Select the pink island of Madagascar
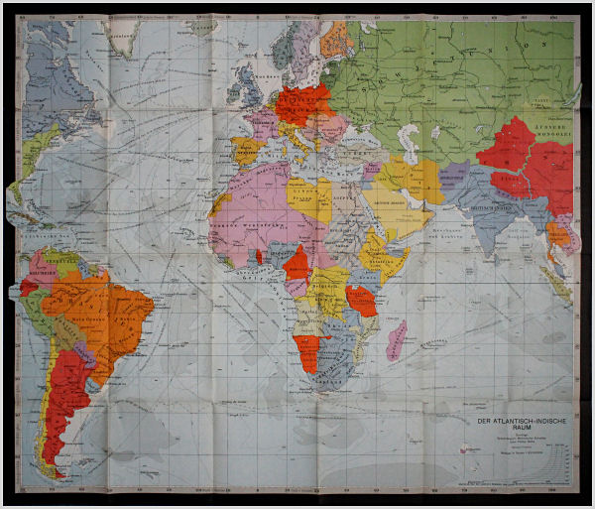click(x=396, y=338)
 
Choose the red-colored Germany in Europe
click(x=301, y=105)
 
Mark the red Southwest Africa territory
click(x=307, y=350)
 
